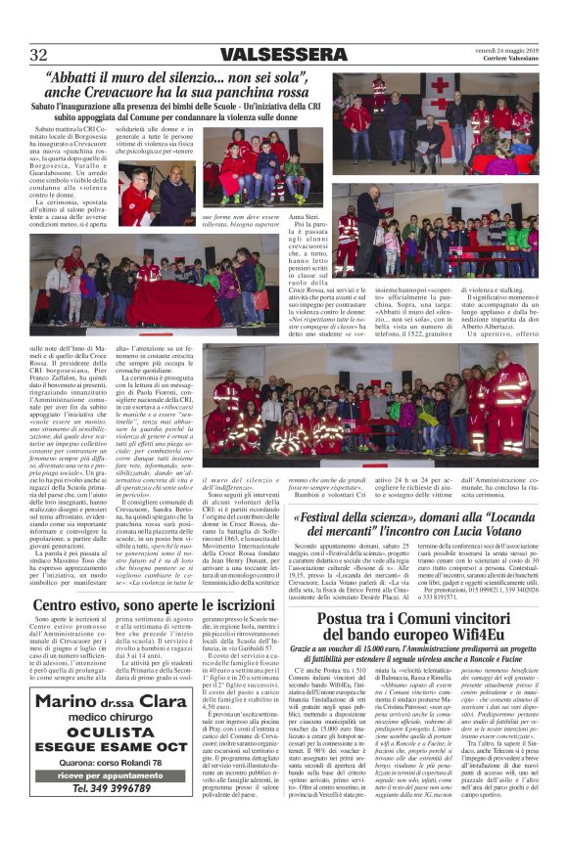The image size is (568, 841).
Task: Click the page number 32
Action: tap(39, 54)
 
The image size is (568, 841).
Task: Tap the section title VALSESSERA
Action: tap(283, 54)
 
